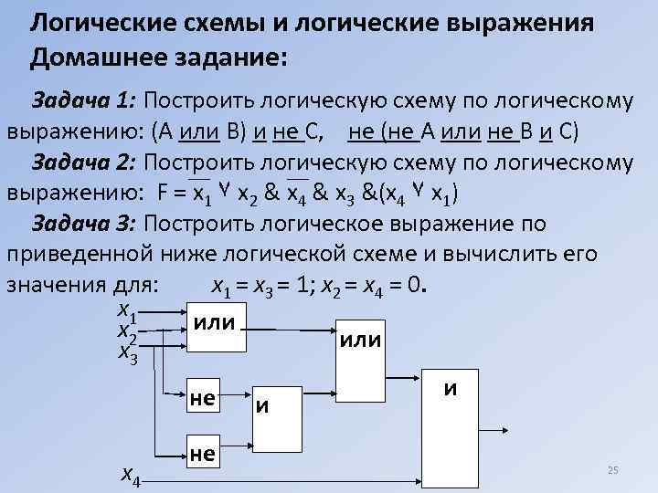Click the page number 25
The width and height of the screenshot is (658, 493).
click(613, 469)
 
